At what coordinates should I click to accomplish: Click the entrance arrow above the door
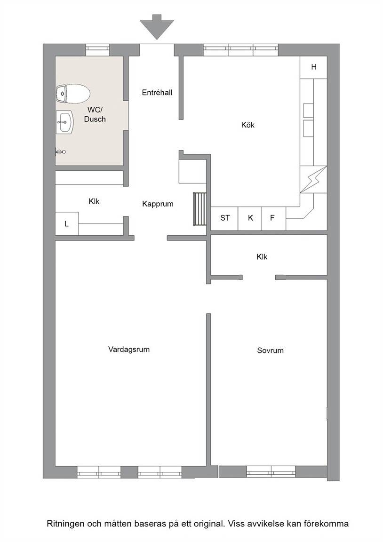tap(157, 27)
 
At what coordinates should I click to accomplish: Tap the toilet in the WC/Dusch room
tap(73, 94)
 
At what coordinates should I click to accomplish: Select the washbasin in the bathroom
tap(64, 122)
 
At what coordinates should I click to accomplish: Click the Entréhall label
tap(157, 93)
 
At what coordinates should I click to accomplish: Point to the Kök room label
tap(248, 125)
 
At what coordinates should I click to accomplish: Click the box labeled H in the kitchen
tap(313, 67)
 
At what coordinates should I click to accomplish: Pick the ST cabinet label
tap(225, 218)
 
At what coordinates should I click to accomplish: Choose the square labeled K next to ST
tap(250, 218)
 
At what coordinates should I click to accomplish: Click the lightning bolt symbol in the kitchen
tap(313, 179)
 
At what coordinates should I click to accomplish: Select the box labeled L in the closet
tap(67, 223)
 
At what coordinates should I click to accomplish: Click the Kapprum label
tap(158, 204)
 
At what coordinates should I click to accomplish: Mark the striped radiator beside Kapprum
tap(200, 209)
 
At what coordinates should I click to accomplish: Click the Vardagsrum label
tap(129, 349)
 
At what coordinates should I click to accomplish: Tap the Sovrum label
tap(271, 351)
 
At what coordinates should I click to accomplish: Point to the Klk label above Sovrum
tap(262, 257)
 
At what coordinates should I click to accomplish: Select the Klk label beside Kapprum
tap(94, 201)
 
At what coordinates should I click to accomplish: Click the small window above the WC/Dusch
tap(97, 50)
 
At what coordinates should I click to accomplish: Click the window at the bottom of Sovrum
tap(271, 471)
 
